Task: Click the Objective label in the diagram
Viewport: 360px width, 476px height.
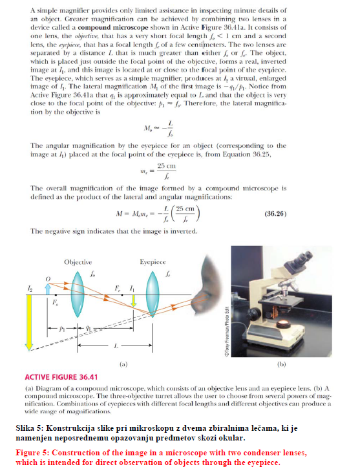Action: [78, 262]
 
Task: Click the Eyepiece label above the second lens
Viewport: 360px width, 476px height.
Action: [153, 262]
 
